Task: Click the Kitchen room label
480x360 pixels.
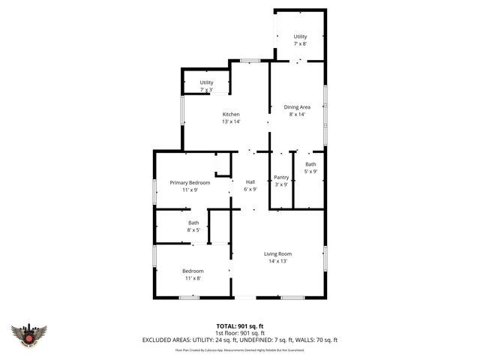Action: (x=230, y=114)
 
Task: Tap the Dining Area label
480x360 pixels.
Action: (x=297, y=107)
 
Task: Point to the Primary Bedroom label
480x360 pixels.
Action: (x=190, y=183)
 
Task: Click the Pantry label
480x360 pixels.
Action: (x=281, y=177)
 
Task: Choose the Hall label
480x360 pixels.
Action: (x=250, y=182)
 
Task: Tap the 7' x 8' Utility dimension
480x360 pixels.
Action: (x=300, y=44)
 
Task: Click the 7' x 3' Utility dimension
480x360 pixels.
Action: (x=206, y=90)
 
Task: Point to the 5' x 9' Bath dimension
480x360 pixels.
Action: (x=310, y=172)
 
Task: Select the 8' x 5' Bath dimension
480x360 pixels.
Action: (x=193, y=230)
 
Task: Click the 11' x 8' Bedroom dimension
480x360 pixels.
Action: (x=193, y=278)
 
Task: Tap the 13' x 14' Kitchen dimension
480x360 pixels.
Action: (x=230, y=121)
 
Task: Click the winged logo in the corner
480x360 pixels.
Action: (x=30, y=335)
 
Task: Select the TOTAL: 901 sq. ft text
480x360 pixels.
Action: (x=239, y=325)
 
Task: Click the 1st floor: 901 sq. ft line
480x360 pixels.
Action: (x=239, y=332)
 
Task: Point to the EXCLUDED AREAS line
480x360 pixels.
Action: (x=239, y=340)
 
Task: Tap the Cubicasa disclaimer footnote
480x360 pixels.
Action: (x=239, y=349)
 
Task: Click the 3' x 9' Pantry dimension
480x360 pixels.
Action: (x=281, y=184)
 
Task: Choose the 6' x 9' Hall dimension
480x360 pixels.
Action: (x=250, y=190)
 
